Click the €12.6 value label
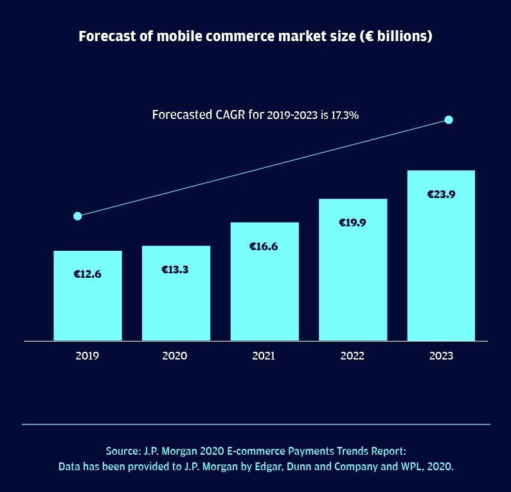(x=87, y=274)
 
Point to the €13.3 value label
(x=175, y=269)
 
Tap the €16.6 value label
(x=264, y=246)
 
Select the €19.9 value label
(x=352, y=223)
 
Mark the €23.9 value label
(x=441, y=194)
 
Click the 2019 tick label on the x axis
(x=87, y=356)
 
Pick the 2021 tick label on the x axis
(x=264, y=356)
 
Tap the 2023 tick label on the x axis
(x=441, y=356)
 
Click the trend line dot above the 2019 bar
(x=78, y=216)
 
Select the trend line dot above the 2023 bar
(x=449, y=120)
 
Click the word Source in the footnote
(x=122, y=451)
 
